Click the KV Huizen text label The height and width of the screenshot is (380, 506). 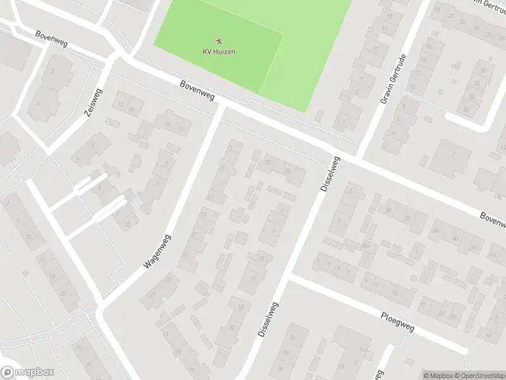click(x=219, y=51)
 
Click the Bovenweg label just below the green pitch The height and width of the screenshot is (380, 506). click(x=197, y=91)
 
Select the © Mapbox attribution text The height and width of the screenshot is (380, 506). click(x=438, y=375)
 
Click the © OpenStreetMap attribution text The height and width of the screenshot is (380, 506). click(x=479, y=375)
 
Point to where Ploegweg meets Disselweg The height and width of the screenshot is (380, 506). click(x=290, y=277)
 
